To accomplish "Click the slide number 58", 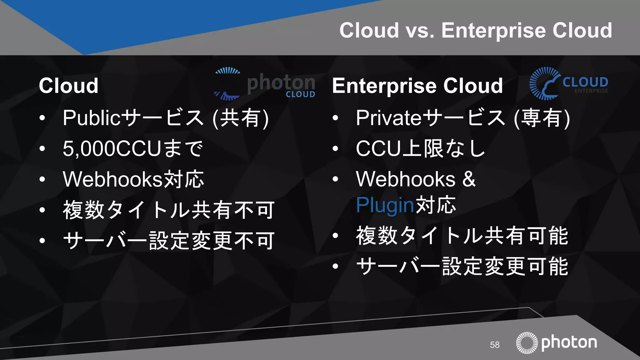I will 494,345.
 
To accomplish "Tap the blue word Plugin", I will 385,205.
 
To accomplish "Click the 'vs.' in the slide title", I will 420,31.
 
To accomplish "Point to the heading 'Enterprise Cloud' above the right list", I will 417,86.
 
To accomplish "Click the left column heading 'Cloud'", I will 68,86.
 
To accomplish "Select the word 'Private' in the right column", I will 389,118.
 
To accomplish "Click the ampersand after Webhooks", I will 469,179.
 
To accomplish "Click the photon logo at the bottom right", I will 556,342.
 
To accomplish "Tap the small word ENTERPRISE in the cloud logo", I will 591,91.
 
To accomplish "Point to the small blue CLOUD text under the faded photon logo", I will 300,94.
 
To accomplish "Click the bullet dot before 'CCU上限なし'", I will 335,149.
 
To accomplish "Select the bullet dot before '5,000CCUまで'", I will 42,149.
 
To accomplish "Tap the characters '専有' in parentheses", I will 542,118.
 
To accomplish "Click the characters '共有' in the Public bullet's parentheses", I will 240,118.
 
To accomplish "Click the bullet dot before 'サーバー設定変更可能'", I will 335,266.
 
